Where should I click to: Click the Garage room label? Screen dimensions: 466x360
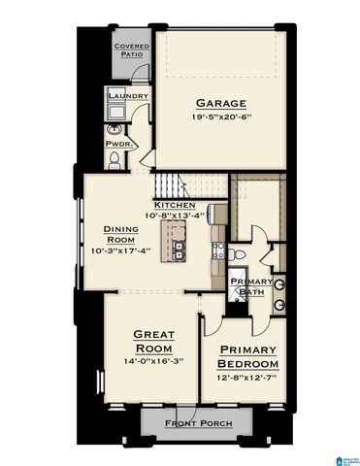pyautogui.click(x=221, y=103)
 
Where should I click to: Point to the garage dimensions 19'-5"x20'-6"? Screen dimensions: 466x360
pyautogui.click(x=221, y=116)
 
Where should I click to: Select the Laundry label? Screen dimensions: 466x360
pyautogui.click(x=128, y=97)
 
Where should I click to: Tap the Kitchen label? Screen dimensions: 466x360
pyautogui.click(x=176, y=206)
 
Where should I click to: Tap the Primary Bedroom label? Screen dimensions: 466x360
pyautogui.click(x=248, y=355)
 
